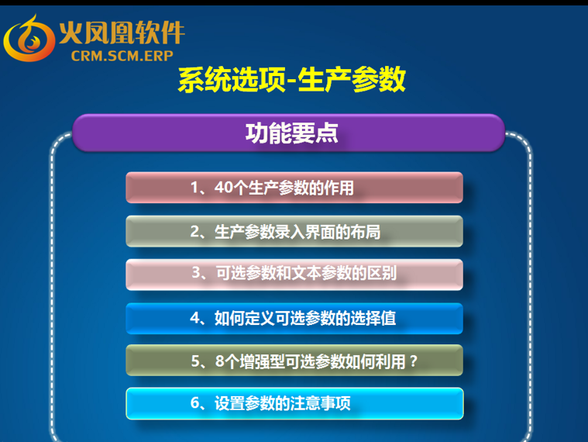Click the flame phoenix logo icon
click(29, 39)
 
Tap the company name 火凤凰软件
click(122, 33)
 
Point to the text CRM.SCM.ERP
click(122, 56)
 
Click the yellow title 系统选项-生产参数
click(292, 79)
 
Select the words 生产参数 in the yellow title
click(352, 79)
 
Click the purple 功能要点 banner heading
click(292, 133)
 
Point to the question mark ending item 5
click(413, 361)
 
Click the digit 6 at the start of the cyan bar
click(195, 403)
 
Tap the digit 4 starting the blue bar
click(195, 318)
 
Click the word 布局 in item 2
click(366, 232)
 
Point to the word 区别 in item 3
click(382, 273)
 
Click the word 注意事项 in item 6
click(320, 403)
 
